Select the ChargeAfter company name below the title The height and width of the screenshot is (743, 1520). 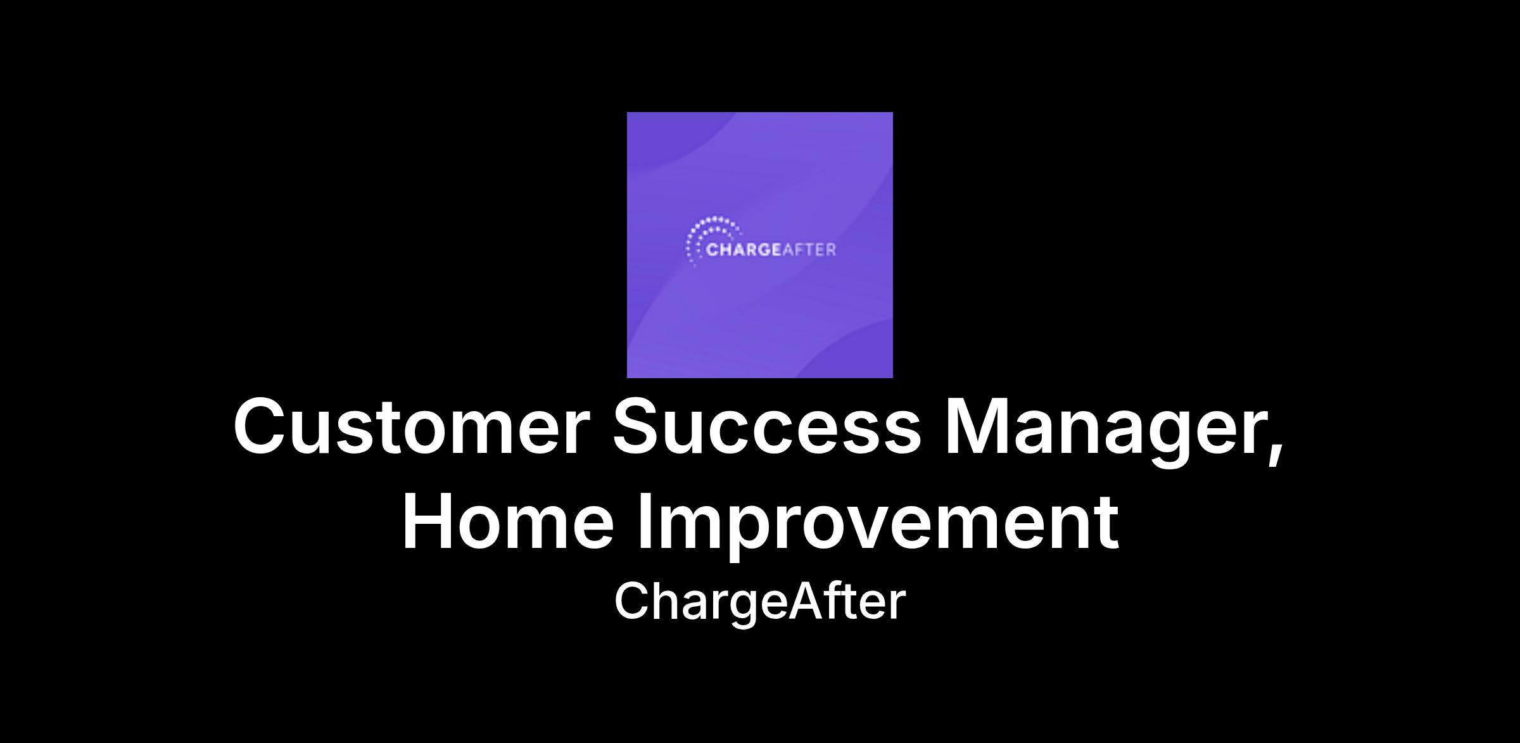pos(760,602)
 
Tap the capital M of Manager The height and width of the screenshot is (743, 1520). pos(977,426)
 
